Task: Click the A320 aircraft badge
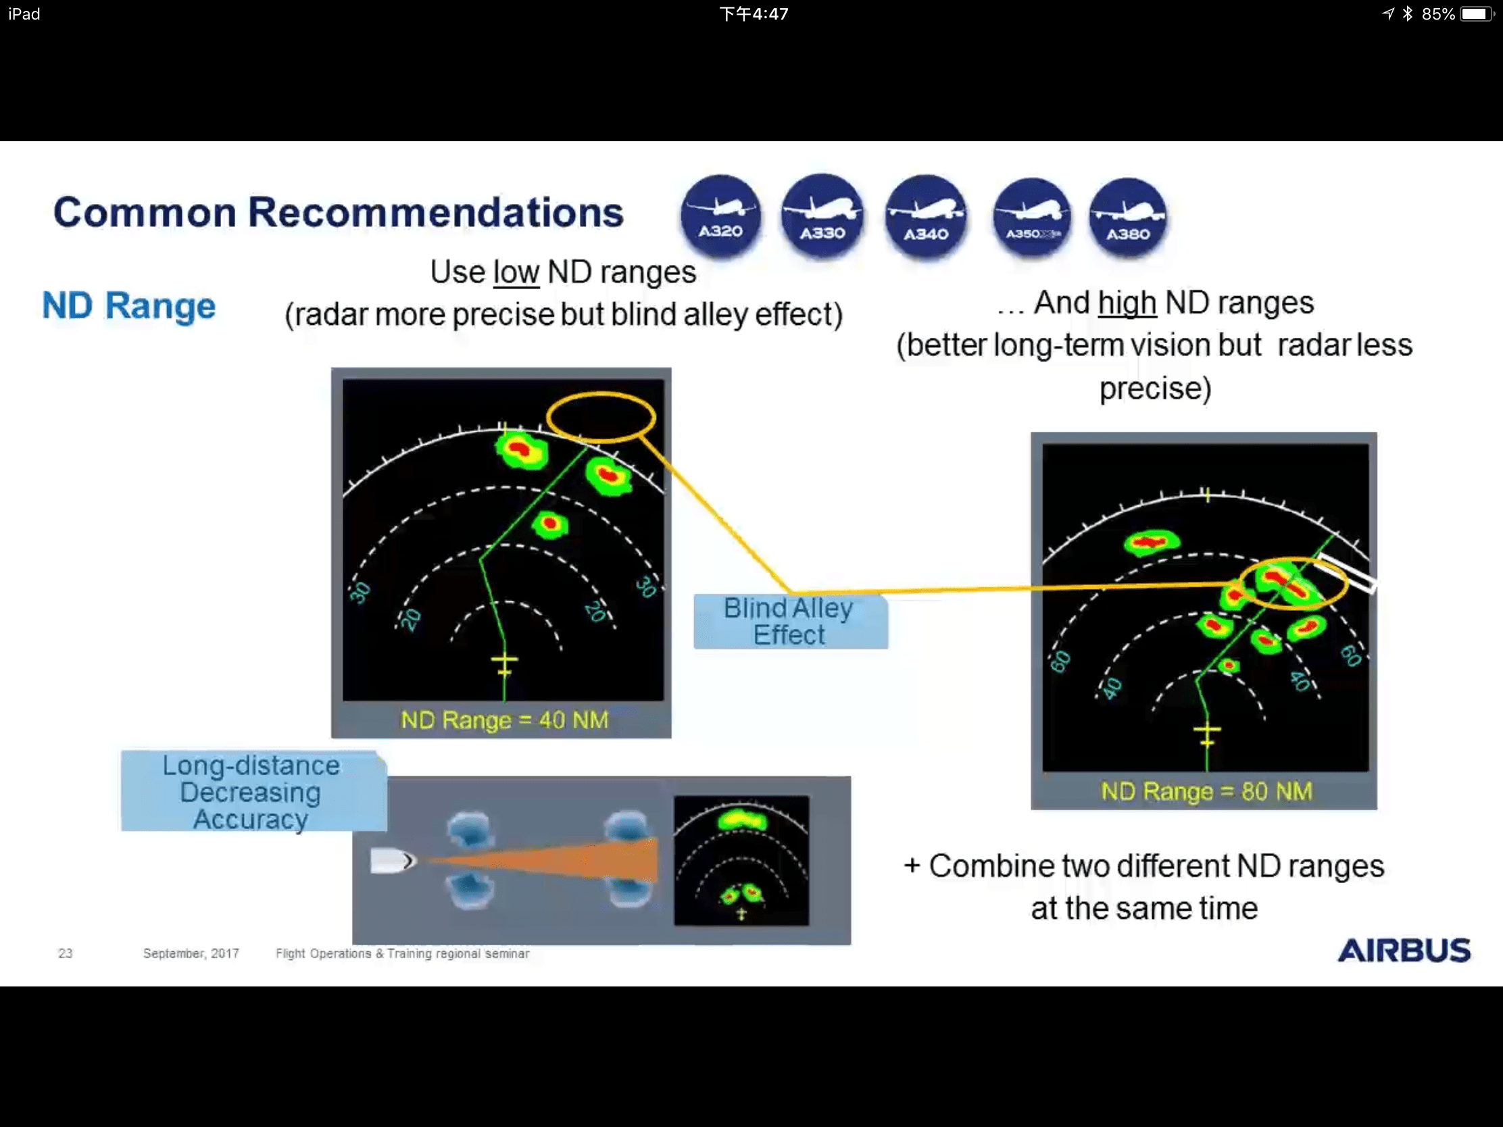721,216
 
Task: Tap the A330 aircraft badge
822,216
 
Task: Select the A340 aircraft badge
926,217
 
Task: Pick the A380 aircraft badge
1128,218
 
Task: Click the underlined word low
516,272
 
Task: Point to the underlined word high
1127,303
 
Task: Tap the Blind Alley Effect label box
790,622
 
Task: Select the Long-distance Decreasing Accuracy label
253,791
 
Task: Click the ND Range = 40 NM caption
504,720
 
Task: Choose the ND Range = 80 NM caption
1206,791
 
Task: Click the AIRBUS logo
1404,951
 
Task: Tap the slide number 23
66,953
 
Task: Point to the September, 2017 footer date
191,953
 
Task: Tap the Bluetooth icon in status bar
1407,14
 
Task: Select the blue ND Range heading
129,305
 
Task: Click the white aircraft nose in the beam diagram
392,861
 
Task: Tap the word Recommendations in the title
435,213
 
